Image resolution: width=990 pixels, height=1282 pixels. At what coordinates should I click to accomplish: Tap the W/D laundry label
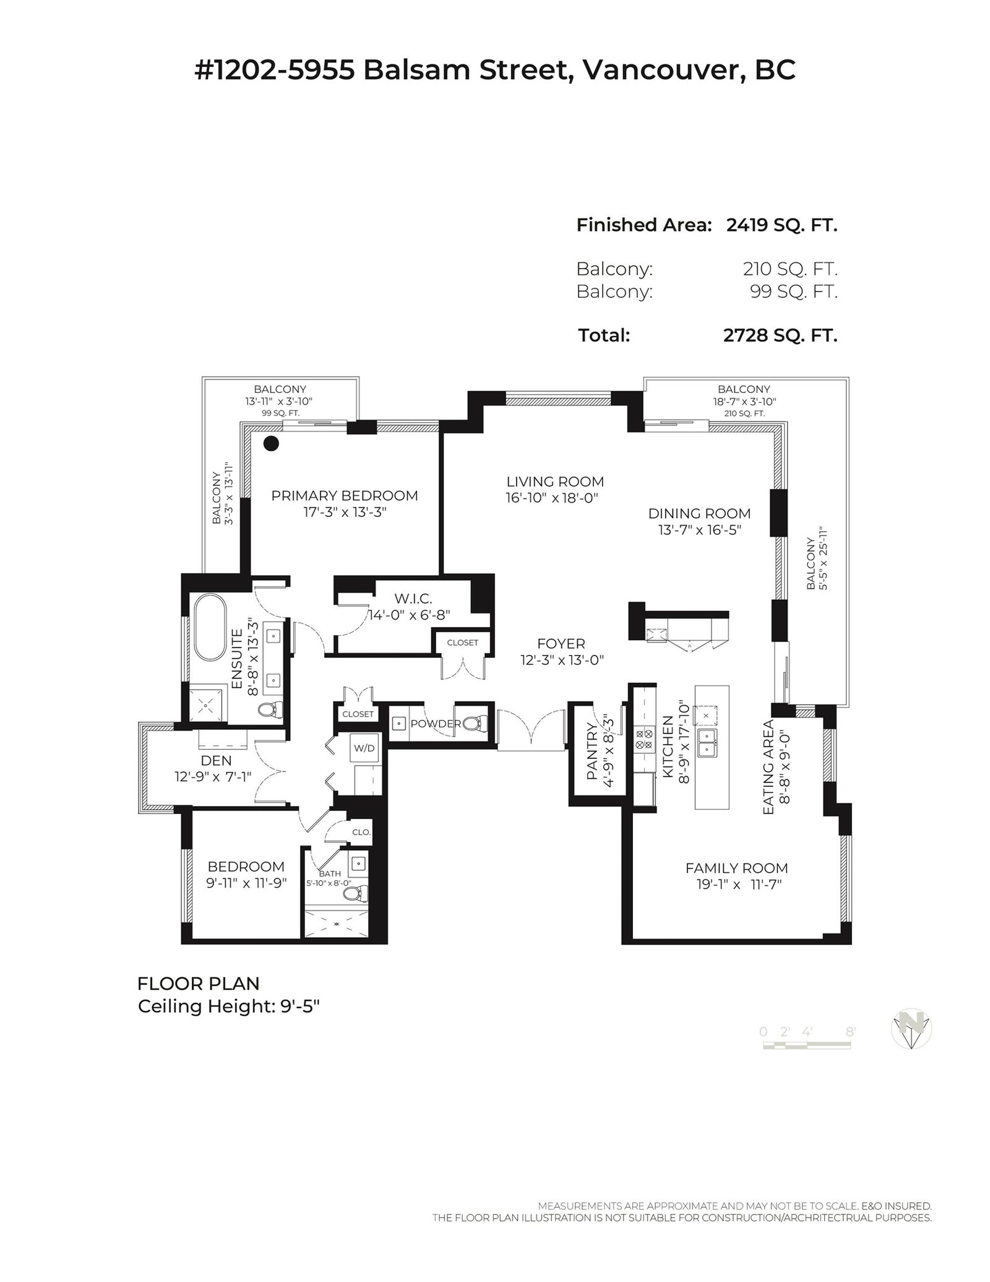pyautogui.click(x=364, y=748)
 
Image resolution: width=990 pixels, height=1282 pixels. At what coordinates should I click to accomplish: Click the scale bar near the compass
pyautogui.click(x=807, y=1044)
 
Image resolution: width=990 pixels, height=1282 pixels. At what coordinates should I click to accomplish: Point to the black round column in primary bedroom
pyautogui.click(x=271, y=443)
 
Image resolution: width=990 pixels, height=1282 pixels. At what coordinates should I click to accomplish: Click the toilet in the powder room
pyautogui.click(x=475, y=723)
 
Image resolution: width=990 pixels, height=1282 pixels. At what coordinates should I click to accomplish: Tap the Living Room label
pyautogui.click(x=555, y=481)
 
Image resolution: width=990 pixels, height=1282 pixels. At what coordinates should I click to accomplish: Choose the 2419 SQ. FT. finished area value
pyautogui.click(x=781, y=225)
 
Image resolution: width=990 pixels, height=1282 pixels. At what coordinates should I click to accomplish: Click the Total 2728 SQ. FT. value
pyautogui.click(x=780, y=336)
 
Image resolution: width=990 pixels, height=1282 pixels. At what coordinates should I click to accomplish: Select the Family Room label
pyautogui.click(x=736, y=868)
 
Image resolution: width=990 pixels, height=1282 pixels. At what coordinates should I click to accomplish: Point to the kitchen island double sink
pyautogui.click(x=707, y=742)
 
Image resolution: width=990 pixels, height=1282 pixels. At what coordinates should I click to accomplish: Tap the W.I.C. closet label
pyautogui.click(x=413, y=599)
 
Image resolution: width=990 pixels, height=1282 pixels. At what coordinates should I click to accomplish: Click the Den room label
pyautogui.click(x=216, y=760)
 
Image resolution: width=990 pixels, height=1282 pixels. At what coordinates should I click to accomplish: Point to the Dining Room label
pyautogui.click(x=699, y=513)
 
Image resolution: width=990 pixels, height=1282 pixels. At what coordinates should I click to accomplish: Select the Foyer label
pyautogui.click(x=561, y=644)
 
